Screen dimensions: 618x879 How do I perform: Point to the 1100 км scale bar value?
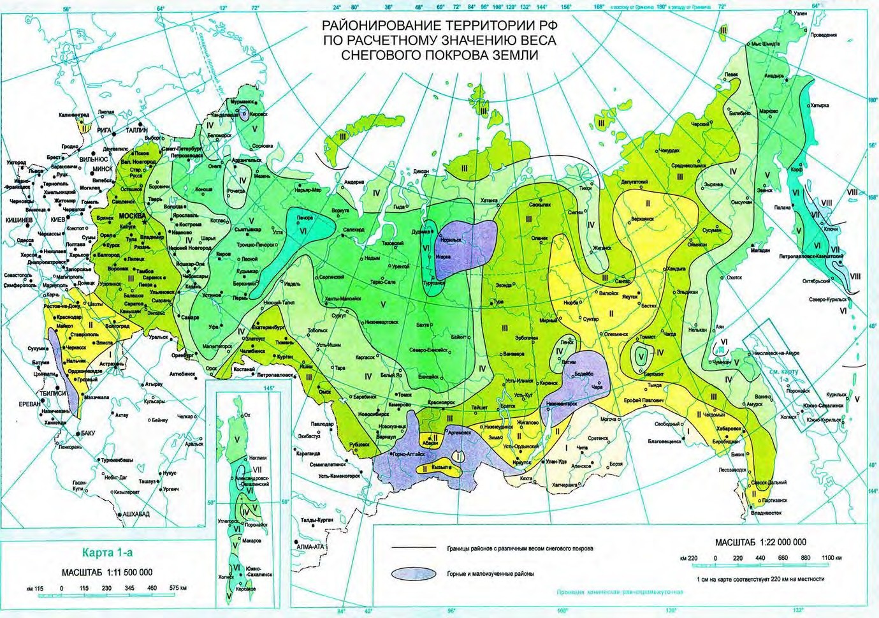pos(827,558)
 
